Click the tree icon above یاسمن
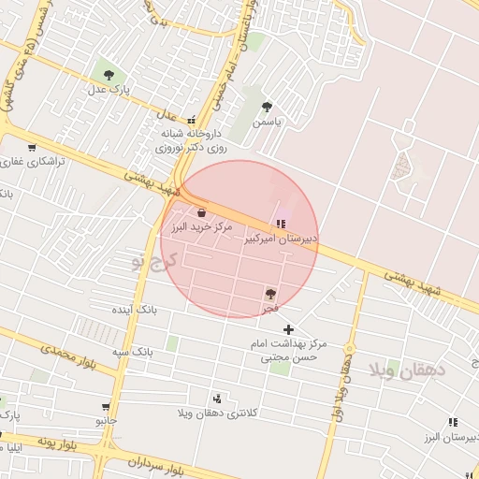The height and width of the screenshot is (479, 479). pyautogui.click(x=268, y=107)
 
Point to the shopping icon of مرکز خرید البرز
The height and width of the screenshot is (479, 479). pyautogui.click(x=202, y=212)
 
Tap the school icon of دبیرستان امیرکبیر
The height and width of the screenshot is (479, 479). pyautogui.click(x=281, y=224)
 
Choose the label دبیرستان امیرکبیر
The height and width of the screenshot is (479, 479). pyautogui.click(x=281, y=239)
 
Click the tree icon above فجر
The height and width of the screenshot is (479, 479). pyautogui.click(x=271, y=293)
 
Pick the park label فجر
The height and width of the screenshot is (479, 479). pyautogui.click(x=269, y=307)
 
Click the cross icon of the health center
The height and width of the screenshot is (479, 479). pyautogui.click(x=288, y=328)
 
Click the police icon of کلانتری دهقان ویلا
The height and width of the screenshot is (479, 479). pyautogui.click(x=218, y=398)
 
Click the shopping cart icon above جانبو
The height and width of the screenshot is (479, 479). pyautogui.click(x=106, y=407)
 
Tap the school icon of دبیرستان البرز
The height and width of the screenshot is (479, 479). pyautogui.click(x=454, y=423)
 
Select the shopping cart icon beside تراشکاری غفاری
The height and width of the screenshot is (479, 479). pyautogui.click(x=33, y=147)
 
